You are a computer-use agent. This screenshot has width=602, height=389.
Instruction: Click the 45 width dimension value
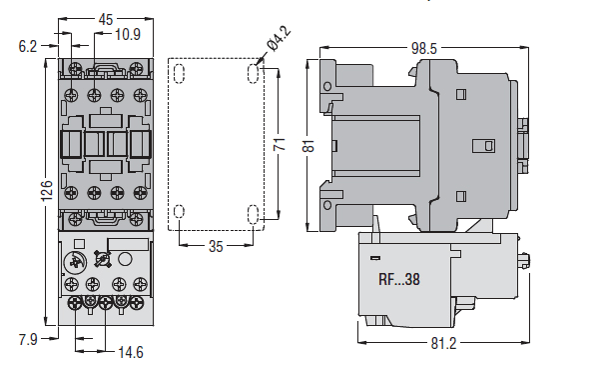[106, 19]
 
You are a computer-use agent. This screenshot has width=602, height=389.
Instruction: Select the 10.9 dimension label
[128, 35]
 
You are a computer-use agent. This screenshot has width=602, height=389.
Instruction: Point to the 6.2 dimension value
[28, 47]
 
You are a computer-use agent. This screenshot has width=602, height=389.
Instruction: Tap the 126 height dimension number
[47, 191]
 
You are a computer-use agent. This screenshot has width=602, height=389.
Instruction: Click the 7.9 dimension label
[28, 339]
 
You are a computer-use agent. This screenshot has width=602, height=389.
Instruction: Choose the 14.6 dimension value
[131, 352]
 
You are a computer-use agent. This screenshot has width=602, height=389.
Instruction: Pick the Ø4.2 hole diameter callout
[280, 38]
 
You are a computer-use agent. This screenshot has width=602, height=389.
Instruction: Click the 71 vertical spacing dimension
[280, 144]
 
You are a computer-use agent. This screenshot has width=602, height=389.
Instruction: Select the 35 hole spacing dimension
[216, 246]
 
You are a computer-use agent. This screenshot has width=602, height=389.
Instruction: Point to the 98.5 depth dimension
[424, 48]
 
